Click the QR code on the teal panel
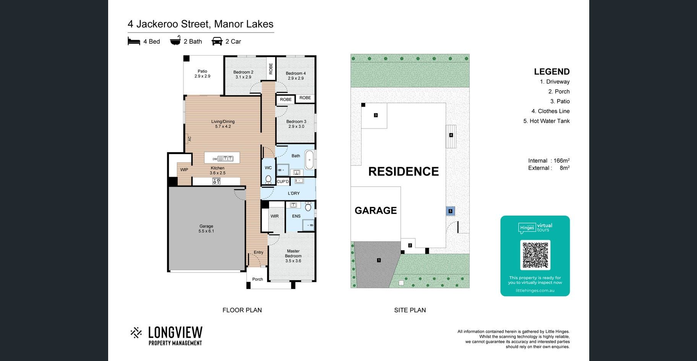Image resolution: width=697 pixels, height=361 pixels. [535, 255]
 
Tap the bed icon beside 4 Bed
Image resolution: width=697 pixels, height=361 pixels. [134, 41]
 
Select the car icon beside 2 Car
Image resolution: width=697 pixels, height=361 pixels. [217, 41]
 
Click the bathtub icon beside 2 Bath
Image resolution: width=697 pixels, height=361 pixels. [175, 41]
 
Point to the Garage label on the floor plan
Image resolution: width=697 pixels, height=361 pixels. [206, 229]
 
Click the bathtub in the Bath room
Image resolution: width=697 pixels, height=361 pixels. [309, 159]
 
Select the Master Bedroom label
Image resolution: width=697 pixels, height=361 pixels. [293, 256]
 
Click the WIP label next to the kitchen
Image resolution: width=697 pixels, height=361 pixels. [184, 170]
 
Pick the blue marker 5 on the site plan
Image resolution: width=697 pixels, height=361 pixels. [451, 211]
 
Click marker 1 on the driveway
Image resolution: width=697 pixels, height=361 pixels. [379, 260]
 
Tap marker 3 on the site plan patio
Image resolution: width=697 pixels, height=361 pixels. [376, 115]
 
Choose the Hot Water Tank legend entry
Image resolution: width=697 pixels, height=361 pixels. [546, 121]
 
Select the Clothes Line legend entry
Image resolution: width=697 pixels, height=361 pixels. [551, 111]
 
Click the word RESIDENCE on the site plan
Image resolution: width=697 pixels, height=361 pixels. [404, 171]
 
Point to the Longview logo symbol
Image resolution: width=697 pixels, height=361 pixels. [136, 333]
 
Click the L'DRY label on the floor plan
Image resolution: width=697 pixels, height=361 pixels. [294, 194]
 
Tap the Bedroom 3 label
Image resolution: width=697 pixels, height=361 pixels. [296, 124]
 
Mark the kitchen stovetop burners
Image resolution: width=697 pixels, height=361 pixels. [216, 181]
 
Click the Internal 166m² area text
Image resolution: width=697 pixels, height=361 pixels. [549, 161]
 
